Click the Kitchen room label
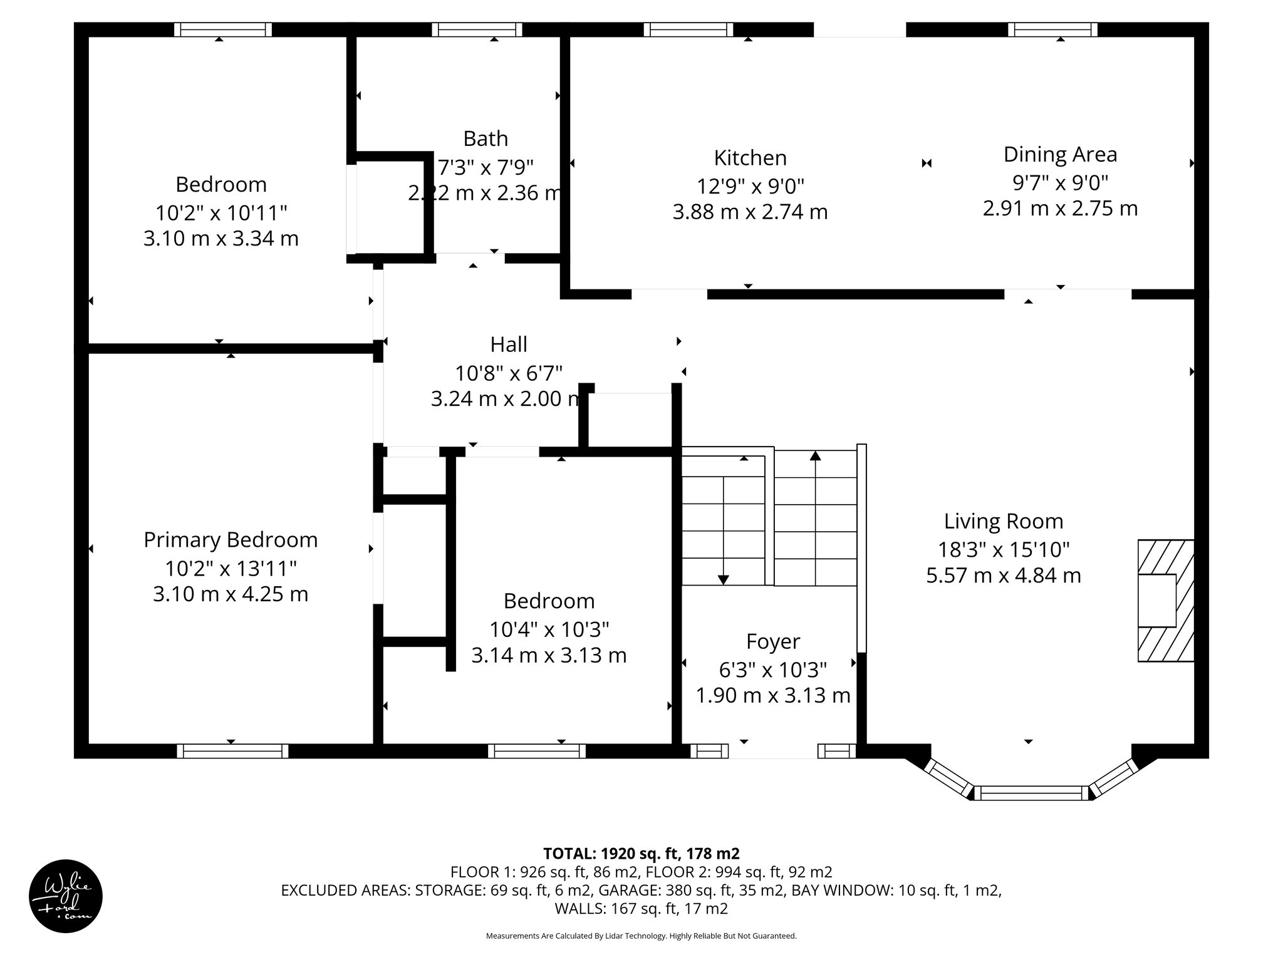pyautogui.click(x=750, y=158)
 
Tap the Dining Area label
pyautogui.click(x=1060, y=154)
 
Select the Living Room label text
pyautogui.click(x=1003, y=521)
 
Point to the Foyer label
pyautogui.click(x=772, y=641)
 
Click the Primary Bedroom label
pyautogui.click(x=231, y=540)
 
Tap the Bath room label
pyautogui.click(x=485, y=138)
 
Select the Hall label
pyautogui.click(x=508, y=344)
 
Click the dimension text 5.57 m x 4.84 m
pyautogui.click(x=1003, y=576)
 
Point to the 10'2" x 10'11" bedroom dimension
pyautogui.click(x=221, y=213)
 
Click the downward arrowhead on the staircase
pyautogui.click(x=723, y=580)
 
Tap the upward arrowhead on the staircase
pyautogui.click(x=815, y=455)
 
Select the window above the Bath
pyautogui.click(x=477, y=29)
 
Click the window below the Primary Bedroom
pyautogui.click(x=232, y=751)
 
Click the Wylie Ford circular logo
pyautogui.click(x=66, y=896)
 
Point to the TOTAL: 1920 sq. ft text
pyautogui.click(x=641, y=854)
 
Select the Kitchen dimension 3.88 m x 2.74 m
pyautogui.click(x=750, y=212)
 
